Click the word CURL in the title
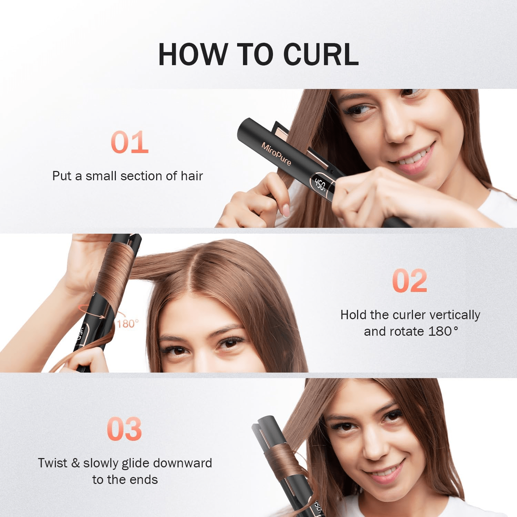pyautogui.click(x=321, y=54)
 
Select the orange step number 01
pyautogui.click(x=130, y=142)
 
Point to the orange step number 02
pyautogui.click(x=410, y=281)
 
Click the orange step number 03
pyautogui.click(x=124, y=429)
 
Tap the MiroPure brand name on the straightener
pyautogui.click(x=276, y=154)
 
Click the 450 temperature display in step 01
pyautogui.click(x=320, y=185)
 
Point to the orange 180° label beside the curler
pyautogui.click(x=128, y=324)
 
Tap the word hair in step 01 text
pyautogui.click(x=192, y=176)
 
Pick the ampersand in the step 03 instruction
pyautogui.click(x=75, y=463)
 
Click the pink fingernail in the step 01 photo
pyautogui.click(x=286, y=210)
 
